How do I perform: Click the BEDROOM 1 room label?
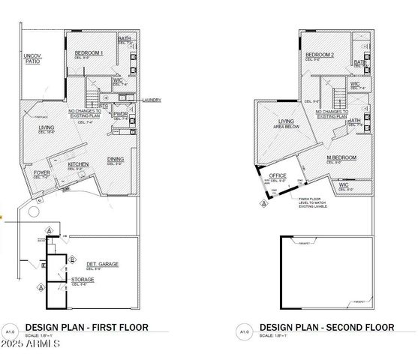click(89, 53)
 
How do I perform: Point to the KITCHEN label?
click(79, 164)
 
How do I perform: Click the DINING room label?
click(116, 159)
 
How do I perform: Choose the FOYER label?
click(42, 173)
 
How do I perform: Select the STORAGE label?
click(83, 280)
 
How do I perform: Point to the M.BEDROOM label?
click(341, 158)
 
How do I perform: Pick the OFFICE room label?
click(278, 176)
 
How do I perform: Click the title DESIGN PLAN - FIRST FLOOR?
click(86, 327)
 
